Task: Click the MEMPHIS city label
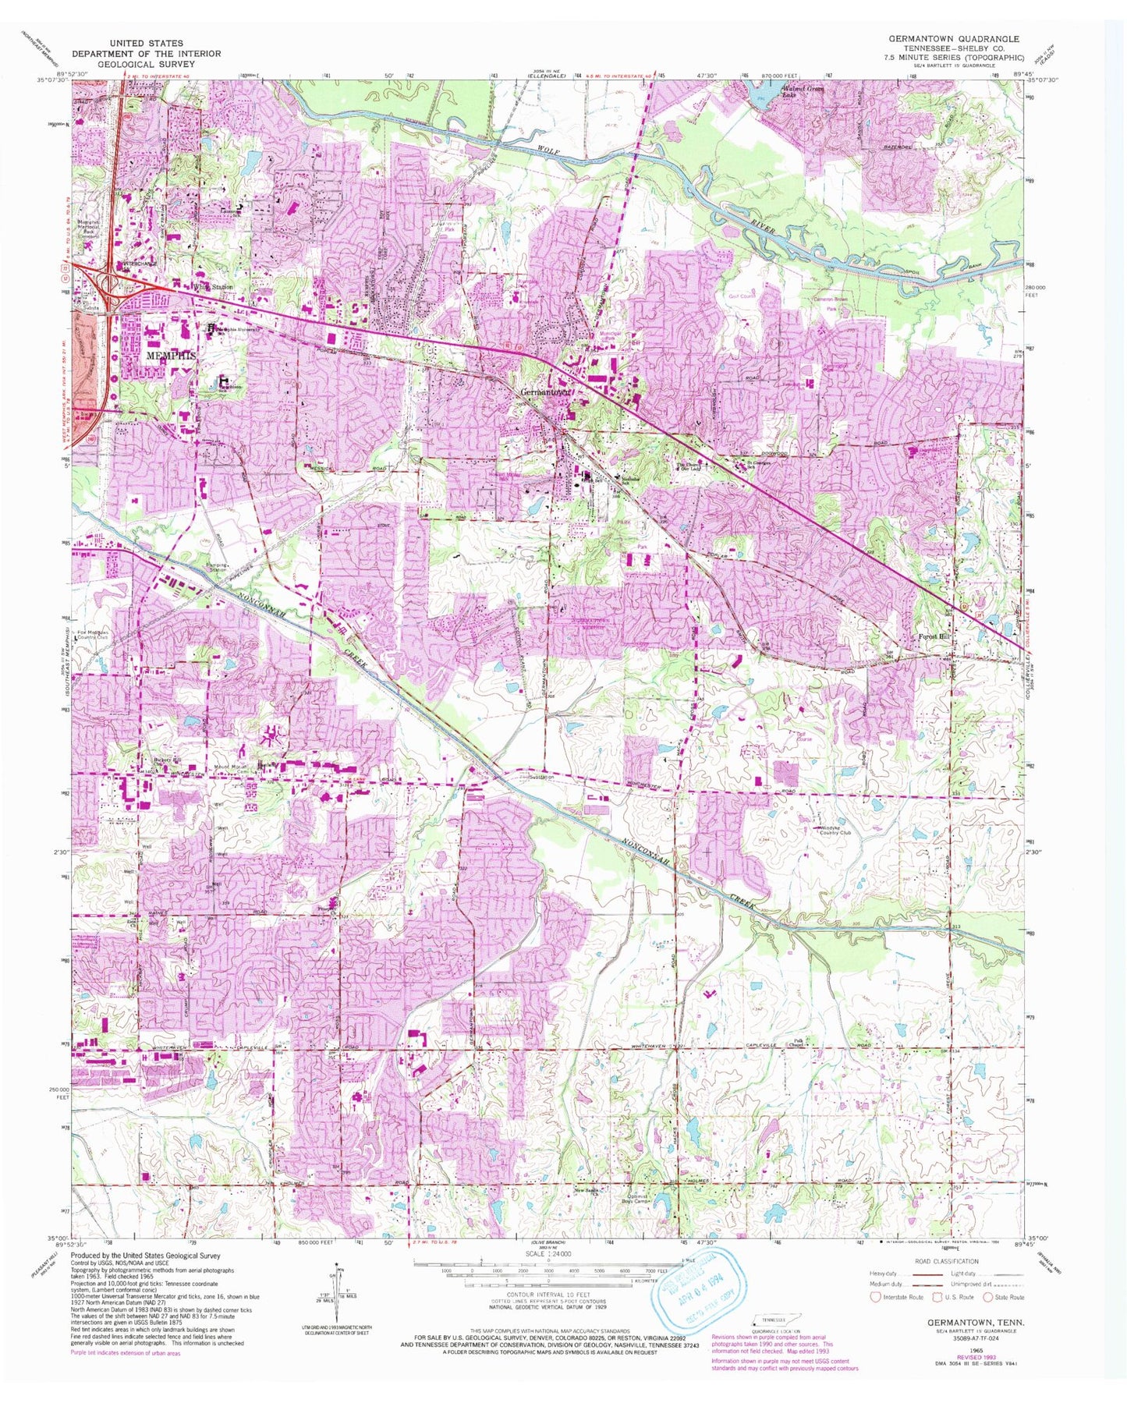170,354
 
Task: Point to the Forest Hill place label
934,636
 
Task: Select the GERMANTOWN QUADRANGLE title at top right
954,38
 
